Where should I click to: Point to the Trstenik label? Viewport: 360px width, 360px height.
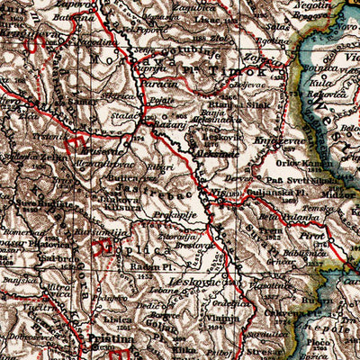tap(45, 135)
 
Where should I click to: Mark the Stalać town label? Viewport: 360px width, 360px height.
tap(123, 116)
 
